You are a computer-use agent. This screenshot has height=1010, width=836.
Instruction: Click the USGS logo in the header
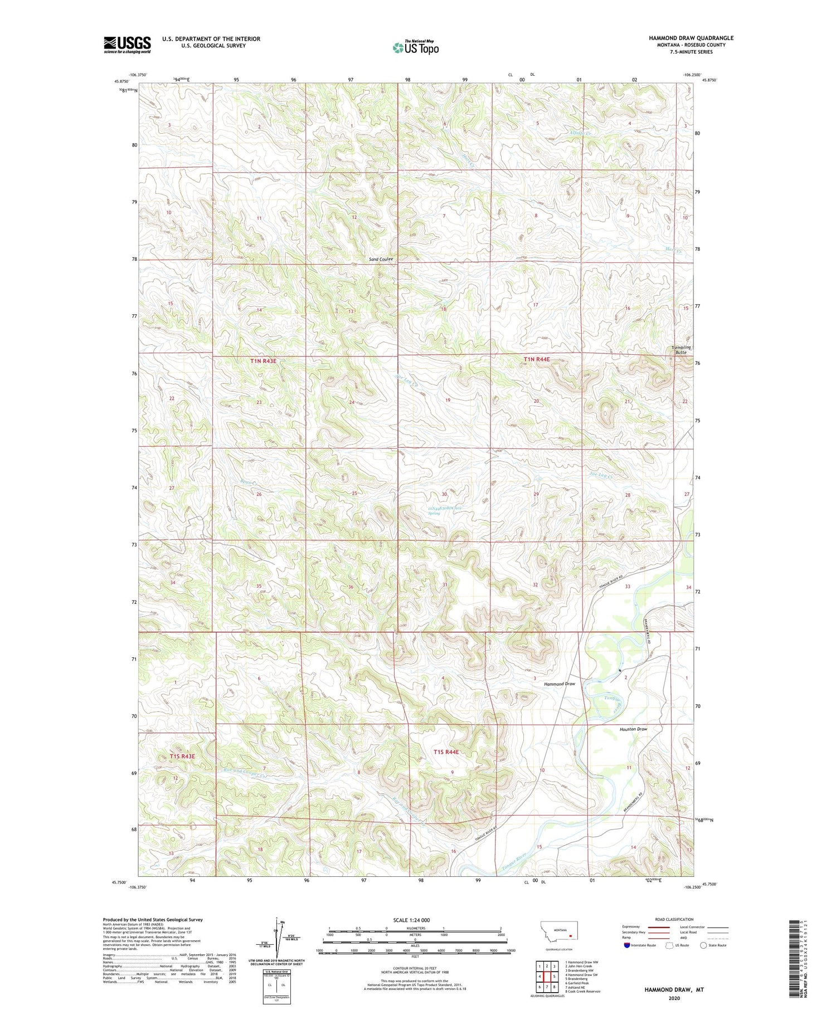[127, 45]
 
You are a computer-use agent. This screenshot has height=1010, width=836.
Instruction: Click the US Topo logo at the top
[415, 48]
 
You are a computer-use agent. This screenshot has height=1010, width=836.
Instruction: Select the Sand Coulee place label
[381, 259]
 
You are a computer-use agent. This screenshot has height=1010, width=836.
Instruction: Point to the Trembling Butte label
[680, 350]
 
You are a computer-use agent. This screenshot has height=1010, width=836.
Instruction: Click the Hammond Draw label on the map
[559, 684]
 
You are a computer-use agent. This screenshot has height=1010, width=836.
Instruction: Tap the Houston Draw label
[633, 729]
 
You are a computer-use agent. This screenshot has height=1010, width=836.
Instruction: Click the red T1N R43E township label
[263, 361]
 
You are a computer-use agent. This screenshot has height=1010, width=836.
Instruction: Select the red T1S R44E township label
[446, 752]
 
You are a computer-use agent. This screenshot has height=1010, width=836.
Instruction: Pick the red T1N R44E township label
[536, 359]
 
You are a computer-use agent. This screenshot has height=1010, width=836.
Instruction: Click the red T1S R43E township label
[182, 756]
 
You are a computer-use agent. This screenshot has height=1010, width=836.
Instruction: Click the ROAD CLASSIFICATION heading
[674, 919]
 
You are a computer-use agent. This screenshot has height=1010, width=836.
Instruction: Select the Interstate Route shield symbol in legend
[627, 945]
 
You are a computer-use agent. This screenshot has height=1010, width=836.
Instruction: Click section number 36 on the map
[351, 587]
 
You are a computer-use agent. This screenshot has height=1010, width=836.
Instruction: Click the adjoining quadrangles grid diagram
[546, 972]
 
